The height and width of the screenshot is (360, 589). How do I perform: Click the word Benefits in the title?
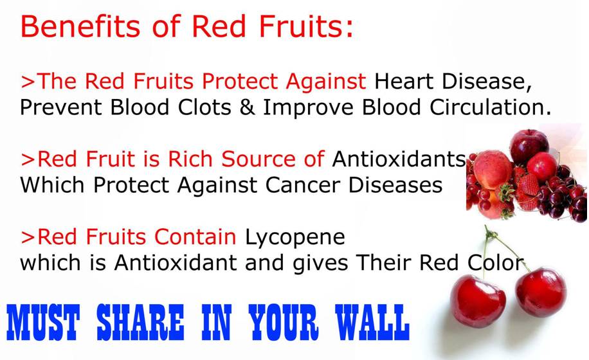tap(80, 26)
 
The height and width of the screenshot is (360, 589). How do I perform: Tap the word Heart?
tap(404, 81)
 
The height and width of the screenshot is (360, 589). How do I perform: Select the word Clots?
tap(204, 107)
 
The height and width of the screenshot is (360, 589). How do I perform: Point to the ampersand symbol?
tap(247, 107)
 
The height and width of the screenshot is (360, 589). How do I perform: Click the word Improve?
tap(308, 109)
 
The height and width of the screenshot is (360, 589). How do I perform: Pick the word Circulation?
tap(490, 107)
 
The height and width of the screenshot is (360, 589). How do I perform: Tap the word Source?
tap(258, 159)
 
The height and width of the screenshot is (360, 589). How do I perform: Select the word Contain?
tap(195, 237)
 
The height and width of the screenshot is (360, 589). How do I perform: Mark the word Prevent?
tap(61, 107)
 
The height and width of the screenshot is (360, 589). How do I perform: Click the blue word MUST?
tap(43, 322)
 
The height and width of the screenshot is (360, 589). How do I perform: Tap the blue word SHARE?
tap(140, 322)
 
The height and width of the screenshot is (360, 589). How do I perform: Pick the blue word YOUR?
tap(284, 322)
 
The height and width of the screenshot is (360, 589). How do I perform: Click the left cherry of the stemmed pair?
tap(477, 301)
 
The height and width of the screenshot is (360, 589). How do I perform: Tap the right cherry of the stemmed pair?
tap(541, 292)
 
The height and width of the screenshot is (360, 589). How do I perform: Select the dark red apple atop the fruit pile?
tap(529, 146)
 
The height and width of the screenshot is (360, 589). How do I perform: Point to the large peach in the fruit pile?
tap(492, 170)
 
